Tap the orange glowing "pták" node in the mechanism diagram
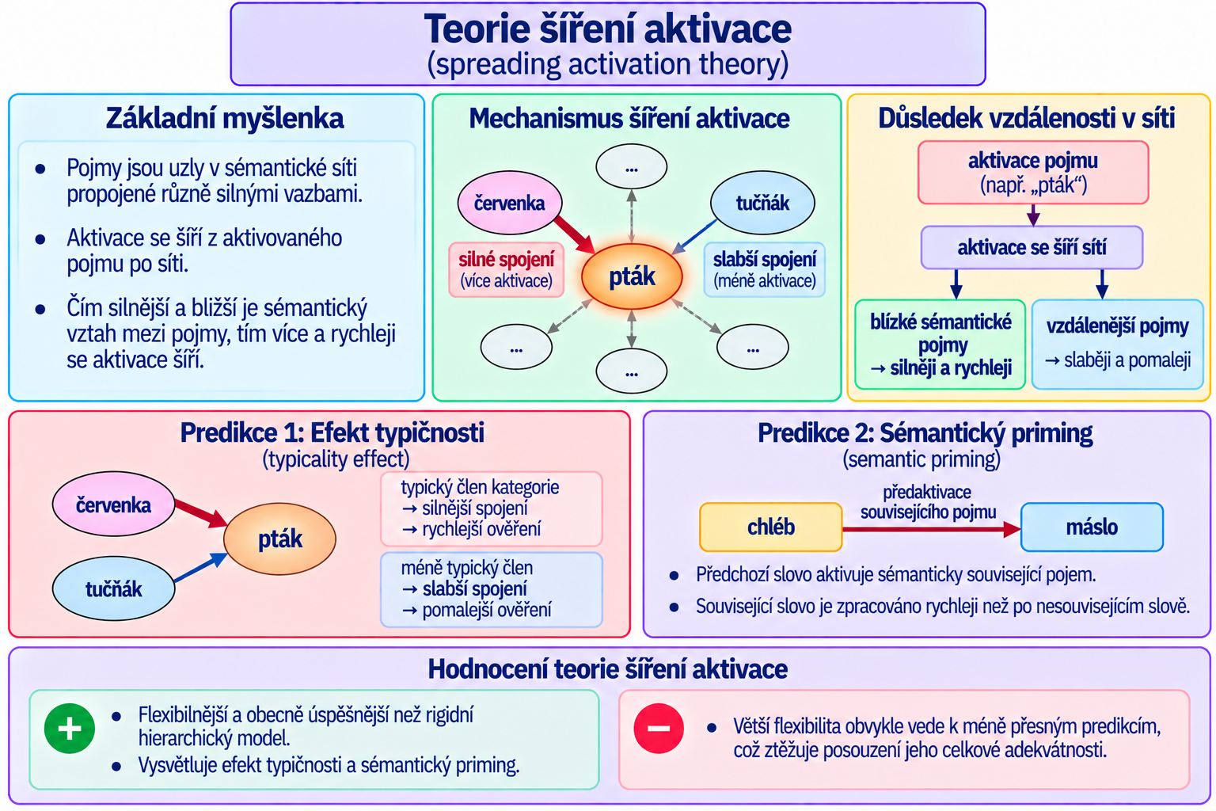(x=632, y=276)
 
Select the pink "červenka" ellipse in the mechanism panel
(x=510, y=203)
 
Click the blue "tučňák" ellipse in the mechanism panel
(x=762, y=203)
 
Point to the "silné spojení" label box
(x=507, y=269)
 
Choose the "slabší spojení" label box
(x=764, y=269)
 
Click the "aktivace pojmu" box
(x=1033, y=173)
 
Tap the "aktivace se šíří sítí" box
(x=1032, y=248)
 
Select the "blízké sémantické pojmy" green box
(x=940, y=345)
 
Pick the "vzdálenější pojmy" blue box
(x=1118, y=345)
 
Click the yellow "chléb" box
(x=771, y=527)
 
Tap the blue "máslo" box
(x=1092, y=527)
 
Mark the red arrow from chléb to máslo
(x=932, y=529)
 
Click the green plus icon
(x=70, y=729)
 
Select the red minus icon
(x=659, y=729)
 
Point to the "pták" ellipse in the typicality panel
(x=279, y=539)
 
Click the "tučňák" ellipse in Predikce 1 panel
(x=113, y=588)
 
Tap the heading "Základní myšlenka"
(x=225, y=119)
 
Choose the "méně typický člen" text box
(x=492, y=589)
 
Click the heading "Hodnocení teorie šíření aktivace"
(x=607, y=669)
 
